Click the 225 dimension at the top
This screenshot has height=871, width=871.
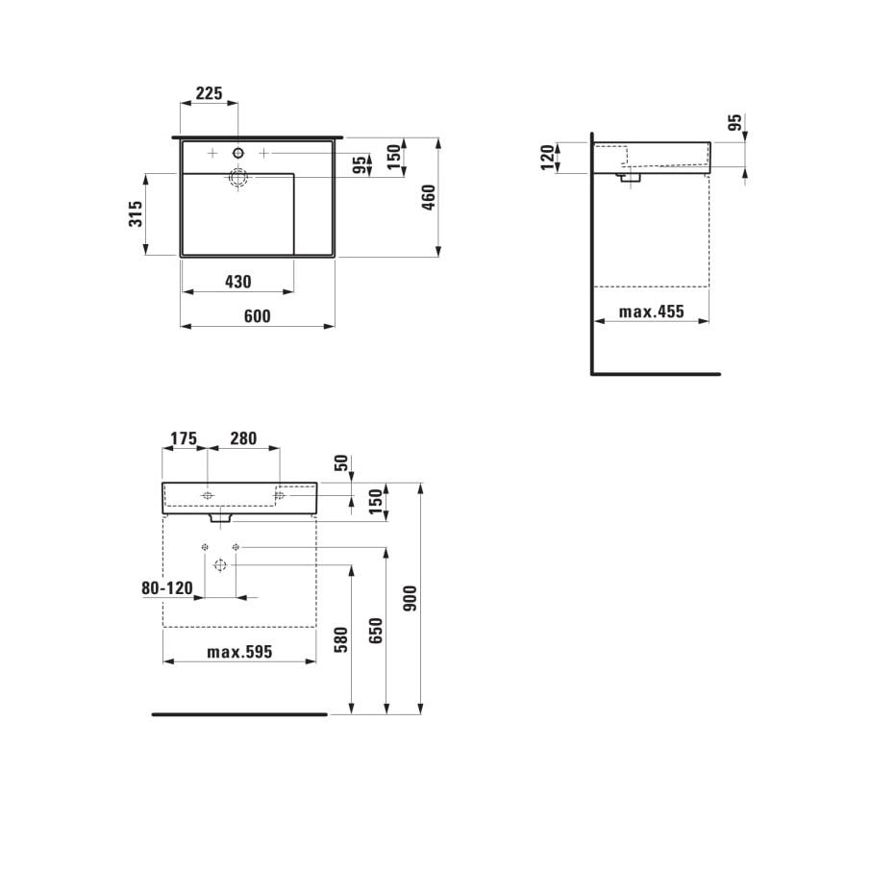click(209, 93)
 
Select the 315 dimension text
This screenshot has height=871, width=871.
click(137, 213)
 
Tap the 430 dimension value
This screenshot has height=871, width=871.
click(237, 282)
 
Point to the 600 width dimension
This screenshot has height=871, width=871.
click(257, 316)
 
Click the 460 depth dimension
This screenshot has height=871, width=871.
click(430, 197)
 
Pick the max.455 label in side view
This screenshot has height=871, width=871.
click(651, 311)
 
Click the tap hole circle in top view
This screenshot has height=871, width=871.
click(238, 153)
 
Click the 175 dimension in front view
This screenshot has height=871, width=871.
click(183, 438)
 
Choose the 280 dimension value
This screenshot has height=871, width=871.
click(243, 438)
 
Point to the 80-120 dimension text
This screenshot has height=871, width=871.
click(166, 588)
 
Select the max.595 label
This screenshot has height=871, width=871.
click(239, 652)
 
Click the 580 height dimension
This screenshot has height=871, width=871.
click(341, 639)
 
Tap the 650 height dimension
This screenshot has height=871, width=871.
click(376, 630)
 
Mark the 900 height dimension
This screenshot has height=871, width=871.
click(411, 601)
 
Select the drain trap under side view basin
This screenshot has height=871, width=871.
click(631, 176)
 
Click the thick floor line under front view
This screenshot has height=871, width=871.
click(239, 714)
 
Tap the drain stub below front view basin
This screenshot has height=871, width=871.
click(220, 516)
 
